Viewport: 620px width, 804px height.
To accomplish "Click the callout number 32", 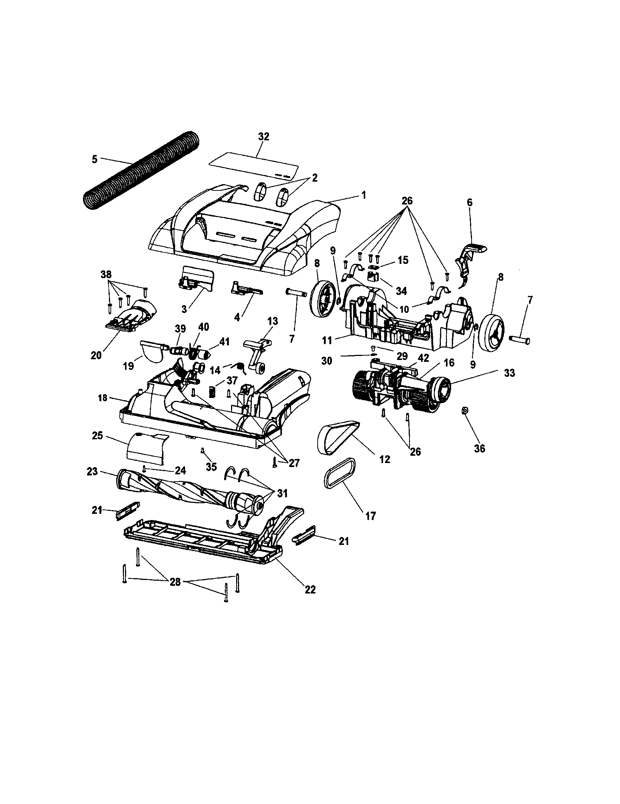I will click(x=264, y=137).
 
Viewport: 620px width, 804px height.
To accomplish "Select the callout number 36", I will click(x=480, y=448).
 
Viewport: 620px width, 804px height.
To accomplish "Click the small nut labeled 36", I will click(x=465, y=410).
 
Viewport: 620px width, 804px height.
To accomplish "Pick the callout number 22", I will click(x=310, y=589).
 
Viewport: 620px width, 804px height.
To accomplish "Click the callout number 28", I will click(x=175, y=582).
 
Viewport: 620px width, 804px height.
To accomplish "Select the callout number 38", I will click(x=106, y=274).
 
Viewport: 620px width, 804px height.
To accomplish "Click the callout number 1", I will click(x=364, y=195).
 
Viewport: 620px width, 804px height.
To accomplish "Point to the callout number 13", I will click(x=273, y=321).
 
